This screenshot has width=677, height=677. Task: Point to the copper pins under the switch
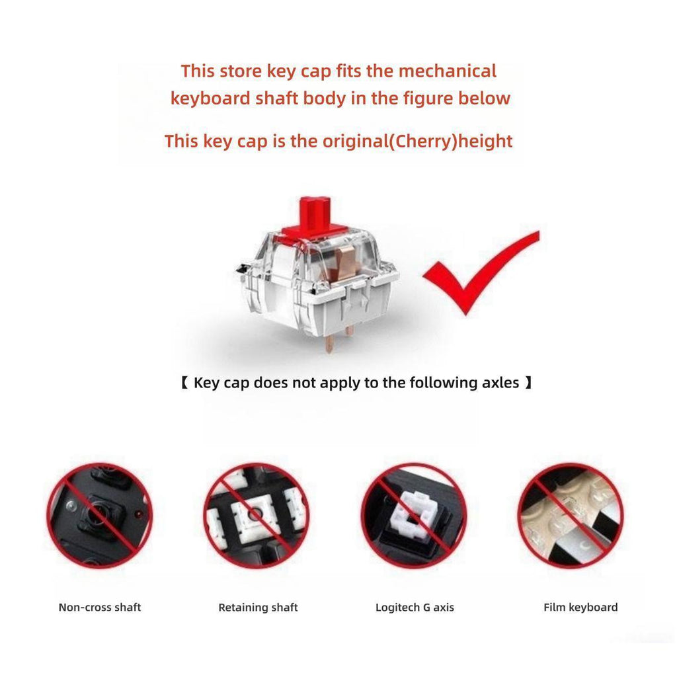[339, 340]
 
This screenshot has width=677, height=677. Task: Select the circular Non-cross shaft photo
[100, 516]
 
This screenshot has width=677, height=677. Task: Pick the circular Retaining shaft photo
[257, 516]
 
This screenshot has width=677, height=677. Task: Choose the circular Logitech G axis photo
[414, 516]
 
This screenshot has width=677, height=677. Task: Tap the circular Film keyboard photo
[571, 516]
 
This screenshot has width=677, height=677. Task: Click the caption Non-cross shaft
[100, 608]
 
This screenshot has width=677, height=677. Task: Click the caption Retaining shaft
[259, 608]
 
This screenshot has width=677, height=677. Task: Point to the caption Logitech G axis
[415, 608]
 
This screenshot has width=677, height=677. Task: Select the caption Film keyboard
[580, 608]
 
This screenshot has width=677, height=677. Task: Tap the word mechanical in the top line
[448, 71]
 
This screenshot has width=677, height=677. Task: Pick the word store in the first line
[241, 71]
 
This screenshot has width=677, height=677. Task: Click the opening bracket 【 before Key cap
[184, 383]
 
